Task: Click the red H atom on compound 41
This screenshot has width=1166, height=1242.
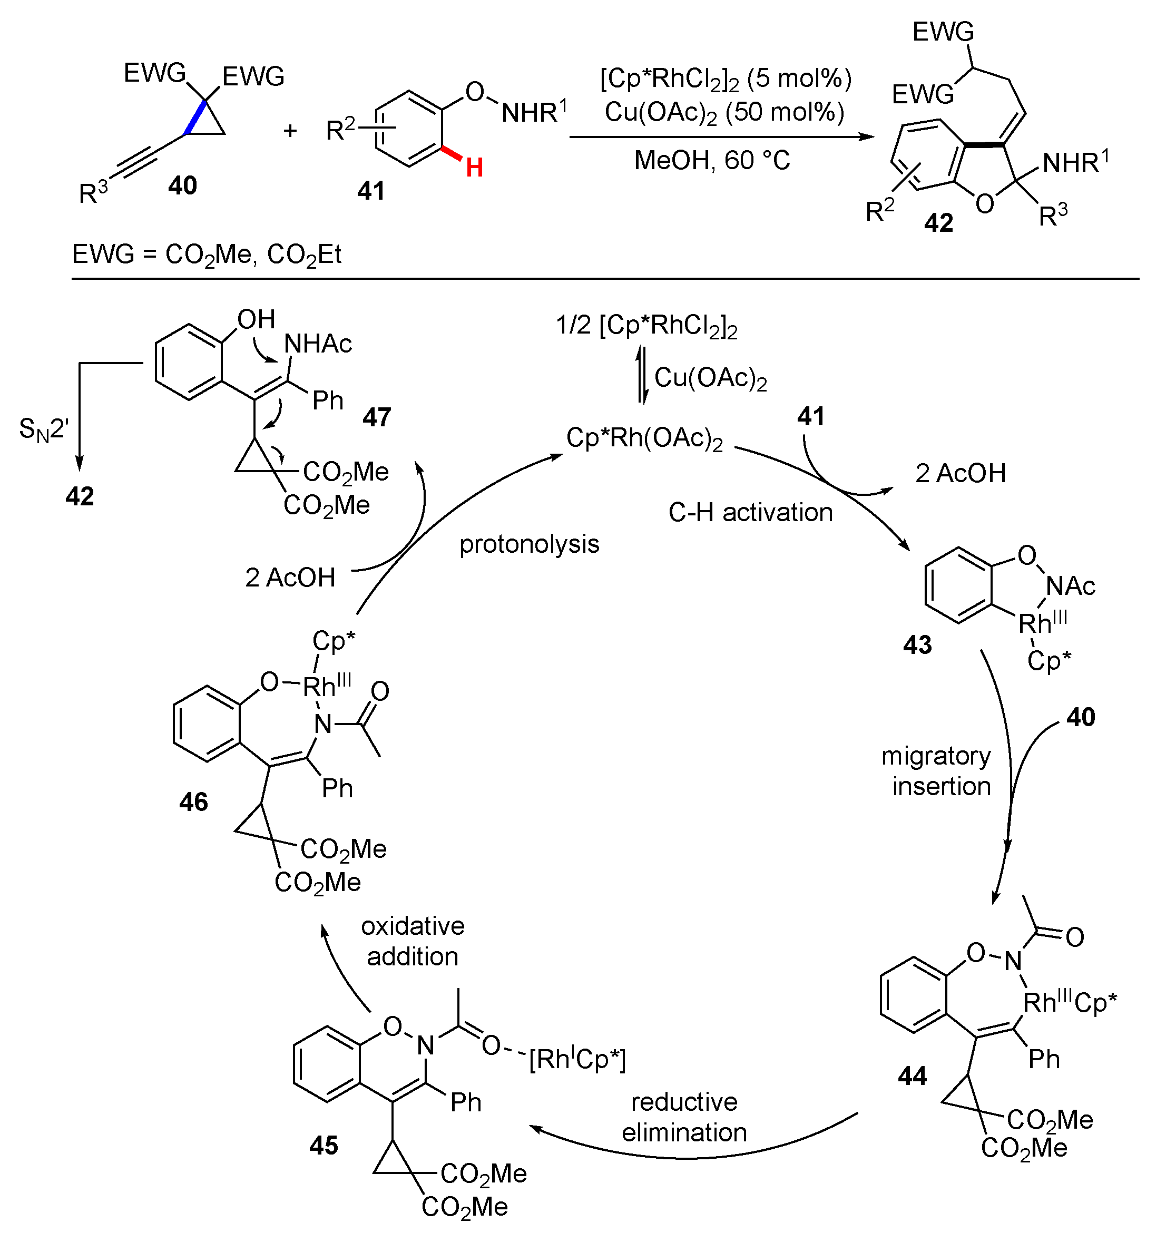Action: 474,168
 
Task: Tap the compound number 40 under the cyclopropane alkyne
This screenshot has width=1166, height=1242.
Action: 182,185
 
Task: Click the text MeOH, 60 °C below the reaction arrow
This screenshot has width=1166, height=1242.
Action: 712,161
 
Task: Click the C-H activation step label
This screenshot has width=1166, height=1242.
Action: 750,512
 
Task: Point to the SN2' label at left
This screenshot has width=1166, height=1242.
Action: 44,430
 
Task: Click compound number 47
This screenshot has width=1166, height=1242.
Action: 377,417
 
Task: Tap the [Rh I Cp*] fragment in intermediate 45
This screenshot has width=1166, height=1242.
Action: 577,1060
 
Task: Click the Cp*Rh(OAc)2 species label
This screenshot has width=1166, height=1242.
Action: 644,438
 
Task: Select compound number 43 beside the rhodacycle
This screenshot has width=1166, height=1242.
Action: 917,645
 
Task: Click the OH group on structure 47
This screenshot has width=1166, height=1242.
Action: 256,319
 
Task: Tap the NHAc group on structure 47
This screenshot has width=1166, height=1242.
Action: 318,344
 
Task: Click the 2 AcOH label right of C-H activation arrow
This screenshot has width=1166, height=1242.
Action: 960,474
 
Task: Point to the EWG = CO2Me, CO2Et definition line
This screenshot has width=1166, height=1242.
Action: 207,255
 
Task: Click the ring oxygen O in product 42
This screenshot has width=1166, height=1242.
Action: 984,204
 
